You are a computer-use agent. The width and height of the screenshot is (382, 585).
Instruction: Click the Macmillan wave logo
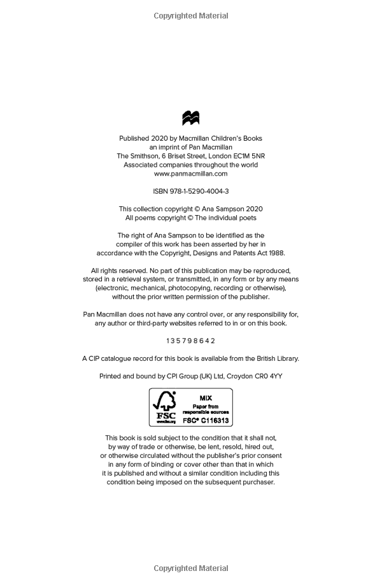191,118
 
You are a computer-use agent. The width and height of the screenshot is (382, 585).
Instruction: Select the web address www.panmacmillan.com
191,173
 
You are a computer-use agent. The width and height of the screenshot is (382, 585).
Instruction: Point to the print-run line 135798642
191,341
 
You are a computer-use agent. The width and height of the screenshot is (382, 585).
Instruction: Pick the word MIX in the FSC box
205,397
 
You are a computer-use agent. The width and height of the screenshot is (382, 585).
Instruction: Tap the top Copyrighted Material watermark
191,16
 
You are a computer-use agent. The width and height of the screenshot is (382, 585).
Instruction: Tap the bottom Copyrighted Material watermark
191,568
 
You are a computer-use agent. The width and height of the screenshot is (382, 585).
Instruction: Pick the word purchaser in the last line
257,482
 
